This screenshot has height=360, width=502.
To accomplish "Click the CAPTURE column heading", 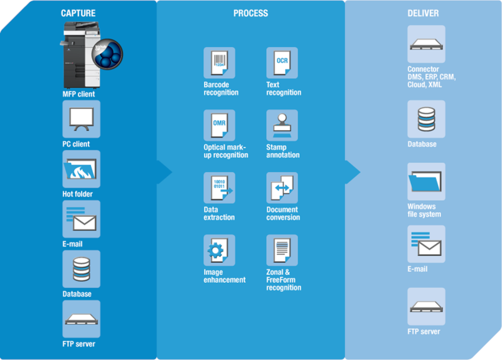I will [78, 13].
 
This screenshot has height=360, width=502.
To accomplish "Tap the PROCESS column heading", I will [250, 13].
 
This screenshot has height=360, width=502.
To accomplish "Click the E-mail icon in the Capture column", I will [81, 220].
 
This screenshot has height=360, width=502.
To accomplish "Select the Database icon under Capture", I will [81, 269].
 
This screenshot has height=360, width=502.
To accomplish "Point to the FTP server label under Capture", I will [78, 344].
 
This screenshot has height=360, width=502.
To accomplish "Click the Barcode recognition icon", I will [219, 63].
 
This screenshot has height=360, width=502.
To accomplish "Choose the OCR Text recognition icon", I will [282, 63].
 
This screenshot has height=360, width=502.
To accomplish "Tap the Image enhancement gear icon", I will [219, 250].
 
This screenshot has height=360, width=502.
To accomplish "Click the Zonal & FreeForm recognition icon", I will [282, 250].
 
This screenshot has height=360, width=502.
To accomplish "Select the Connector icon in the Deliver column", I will [426, 45].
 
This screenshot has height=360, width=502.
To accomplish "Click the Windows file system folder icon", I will [426, 182].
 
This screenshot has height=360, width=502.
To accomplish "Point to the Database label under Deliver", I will [422, 144].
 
